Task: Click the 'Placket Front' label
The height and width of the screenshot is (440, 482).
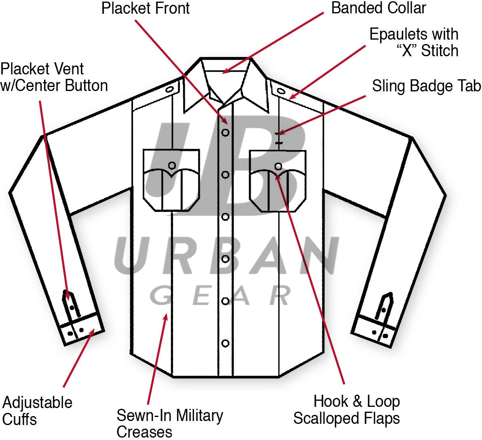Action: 145,8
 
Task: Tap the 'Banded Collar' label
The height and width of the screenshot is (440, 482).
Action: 378,8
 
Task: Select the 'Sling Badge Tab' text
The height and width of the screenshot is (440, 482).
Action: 426,86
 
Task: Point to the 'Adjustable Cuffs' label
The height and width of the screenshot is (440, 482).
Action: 37,410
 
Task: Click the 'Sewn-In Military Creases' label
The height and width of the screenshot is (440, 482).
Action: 169,423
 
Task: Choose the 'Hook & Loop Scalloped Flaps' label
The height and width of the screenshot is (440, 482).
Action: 347,410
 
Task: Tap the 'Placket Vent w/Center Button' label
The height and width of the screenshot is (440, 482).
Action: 54,77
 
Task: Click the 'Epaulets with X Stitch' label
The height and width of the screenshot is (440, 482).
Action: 414,42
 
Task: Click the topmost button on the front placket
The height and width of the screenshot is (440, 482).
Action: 226,132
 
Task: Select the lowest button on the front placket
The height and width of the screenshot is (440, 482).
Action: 226,343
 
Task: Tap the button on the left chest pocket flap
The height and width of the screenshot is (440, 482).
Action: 172,165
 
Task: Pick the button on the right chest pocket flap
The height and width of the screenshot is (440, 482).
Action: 278,166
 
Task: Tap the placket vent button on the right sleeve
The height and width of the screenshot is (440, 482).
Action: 383,310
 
